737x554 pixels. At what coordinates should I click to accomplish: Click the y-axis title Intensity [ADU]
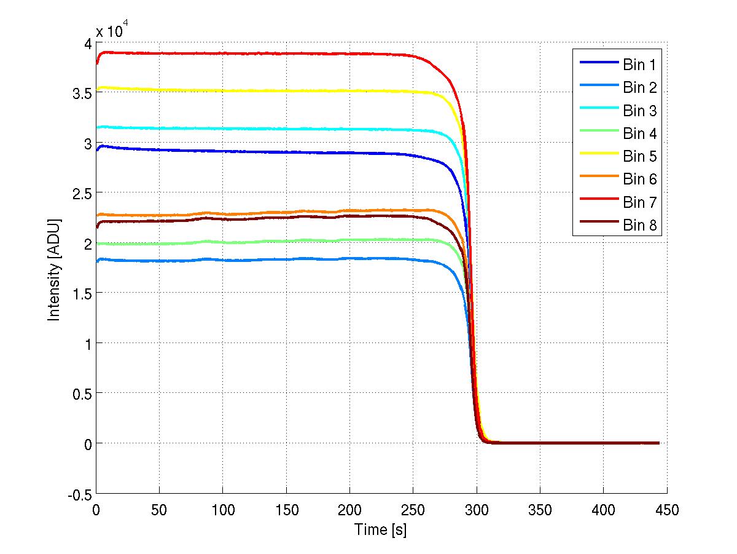click(x=55, y=268)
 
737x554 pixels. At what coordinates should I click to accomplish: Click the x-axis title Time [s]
click(x=381, y=529)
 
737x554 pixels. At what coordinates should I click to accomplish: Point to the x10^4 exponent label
click(x=112, y=30)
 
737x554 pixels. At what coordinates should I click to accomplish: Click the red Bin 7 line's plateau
click(x=246, y=53)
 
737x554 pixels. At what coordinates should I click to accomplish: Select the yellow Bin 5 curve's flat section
click(x=246, y=91)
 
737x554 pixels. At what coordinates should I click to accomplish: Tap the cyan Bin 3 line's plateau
click(x=246, y=129)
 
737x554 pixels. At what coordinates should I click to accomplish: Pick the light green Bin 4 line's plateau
click(x=246, y=242)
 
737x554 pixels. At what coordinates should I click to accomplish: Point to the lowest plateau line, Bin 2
click(x=246, y=260)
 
